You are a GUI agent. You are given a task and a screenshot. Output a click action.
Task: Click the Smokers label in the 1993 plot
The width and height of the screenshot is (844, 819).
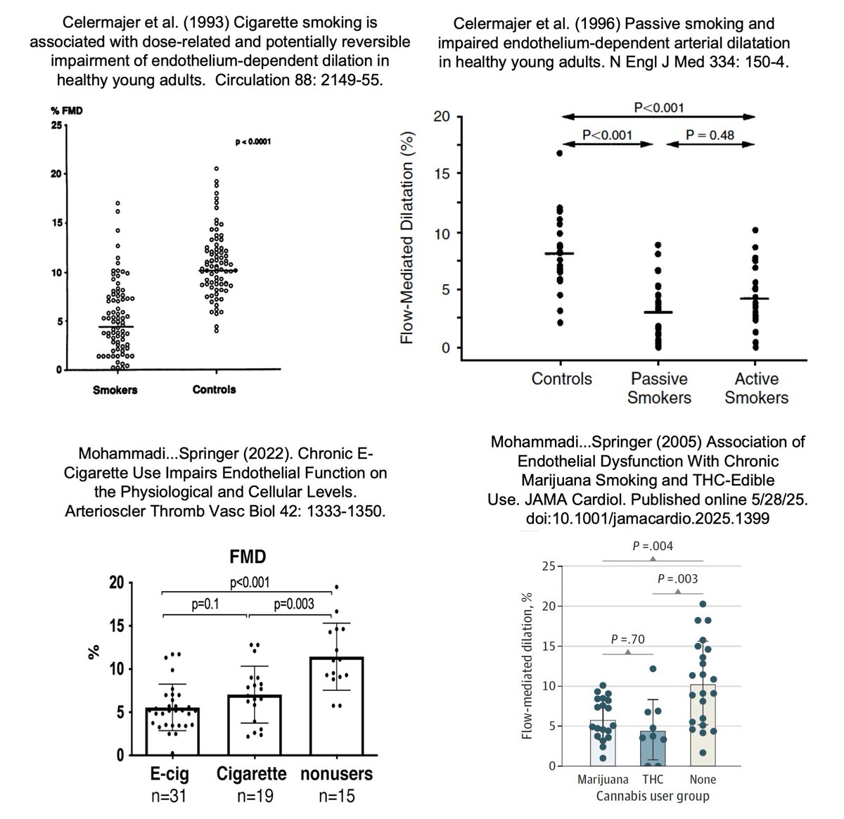pyautogui.click(x=115, y=390)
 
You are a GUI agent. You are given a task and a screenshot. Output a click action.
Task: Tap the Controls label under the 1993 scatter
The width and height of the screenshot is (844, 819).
pyautogui.click(x=214, y=390)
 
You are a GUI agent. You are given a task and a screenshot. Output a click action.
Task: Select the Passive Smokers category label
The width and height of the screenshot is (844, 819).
pyautogui.click(x=659, y=388)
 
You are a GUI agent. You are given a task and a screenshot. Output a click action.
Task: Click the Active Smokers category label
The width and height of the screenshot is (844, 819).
pyautogui.click(x=756, y=388)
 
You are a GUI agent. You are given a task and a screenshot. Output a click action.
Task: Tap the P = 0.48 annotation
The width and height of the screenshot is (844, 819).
pyautogui.click(x=710, y=134)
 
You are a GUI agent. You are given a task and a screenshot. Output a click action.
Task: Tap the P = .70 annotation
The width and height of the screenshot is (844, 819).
pyautogui.click(x=628, y=640)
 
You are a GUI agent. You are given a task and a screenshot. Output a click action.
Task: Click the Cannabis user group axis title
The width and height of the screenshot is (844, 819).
pyautogui.click(x=652, y=796)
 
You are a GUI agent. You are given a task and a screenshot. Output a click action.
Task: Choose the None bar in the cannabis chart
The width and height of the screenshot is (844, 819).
pyautogui.click(x=703, y=725)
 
